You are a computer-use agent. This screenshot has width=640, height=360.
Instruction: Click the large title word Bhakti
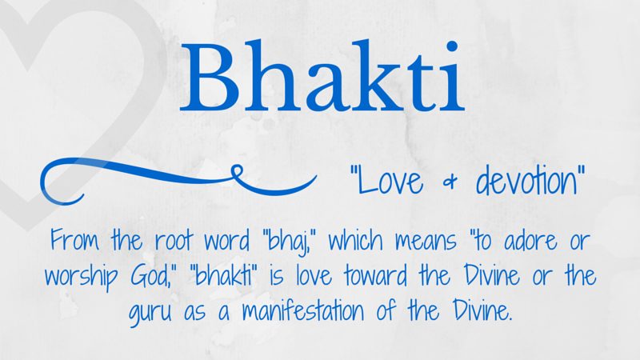click(322, 75)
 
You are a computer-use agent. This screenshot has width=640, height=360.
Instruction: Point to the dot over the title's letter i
click(452, 46)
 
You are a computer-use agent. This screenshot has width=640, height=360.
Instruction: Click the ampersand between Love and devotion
click(450, 182)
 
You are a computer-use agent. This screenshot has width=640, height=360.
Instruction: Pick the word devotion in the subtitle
click(526, 180)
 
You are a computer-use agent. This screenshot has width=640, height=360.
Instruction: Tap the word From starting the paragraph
click(74, 239)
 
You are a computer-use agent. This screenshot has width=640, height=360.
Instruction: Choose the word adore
click(530, 240)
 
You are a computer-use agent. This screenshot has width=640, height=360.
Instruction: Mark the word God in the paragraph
click(148, 275)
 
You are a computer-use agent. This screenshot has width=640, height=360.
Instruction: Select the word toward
click(375, 275)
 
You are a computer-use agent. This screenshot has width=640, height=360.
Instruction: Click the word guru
click(150, 314)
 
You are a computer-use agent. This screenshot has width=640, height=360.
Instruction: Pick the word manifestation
click(303, 310)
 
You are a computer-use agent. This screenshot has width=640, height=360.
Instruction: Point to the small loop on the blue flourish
click(237, 171)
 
